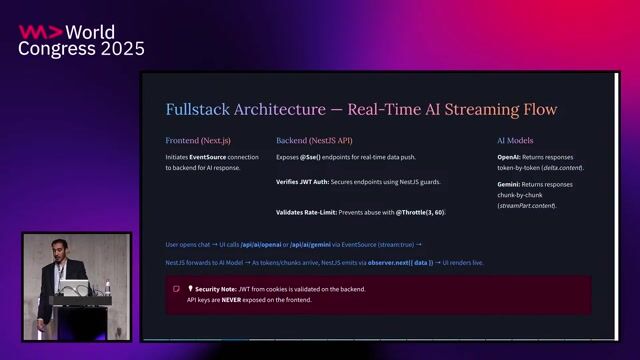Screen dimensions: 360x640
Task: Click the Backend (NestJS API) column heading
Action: click(314, 141)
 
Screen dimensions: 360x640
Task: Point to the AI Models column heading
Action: click(515, 141)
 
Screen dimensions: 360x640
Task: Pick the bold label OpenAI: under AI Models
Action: click(509, 158)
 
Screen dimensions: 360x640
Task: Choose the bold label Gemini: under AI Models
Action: click(510, 185)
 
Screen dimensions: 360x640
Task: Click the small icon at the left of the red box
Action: click(177, 289)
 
